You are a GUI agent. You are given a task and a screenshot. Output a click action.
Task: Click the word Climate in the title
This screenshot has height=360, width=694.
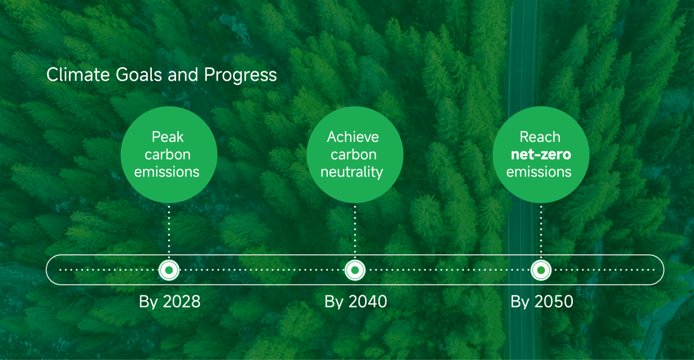click(78, 75)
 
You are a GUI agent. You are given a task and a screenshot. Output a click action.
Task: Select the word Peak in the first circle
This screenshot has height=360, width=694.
click(168, 137)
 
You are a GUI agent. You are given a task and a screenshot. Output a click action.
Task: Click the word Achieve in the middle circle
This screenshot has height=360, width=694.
click(353, 137)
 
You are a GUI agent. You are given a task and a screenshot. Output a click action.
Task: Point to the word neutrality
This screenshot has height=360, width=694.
click(351, 172)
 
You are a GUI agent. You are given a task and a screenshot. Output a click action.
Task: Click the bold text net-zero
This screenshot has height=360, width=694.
click(541, 155)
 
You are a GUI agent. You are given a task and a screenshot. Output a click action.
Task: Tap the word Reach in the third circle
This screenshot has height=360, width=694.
click(540, 137)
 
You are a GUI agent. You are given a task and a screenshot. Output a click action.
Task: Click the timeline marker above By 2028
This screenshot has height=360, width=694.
click(169, 270)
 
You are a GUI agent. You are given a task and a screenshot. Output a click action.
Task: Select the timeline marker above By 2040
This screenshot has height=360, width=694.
click(355, 270)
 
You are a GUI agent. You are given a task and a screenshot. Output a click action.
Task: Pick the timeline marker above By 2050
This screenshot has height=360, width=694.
click(541, 270)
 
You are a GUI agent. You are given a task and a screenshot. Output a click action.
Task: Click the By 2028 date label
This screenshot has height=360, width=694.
click(169, 302)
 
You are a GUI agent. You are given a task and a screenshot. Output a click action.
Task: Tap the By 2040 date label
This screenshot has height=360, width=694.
click(356, 302)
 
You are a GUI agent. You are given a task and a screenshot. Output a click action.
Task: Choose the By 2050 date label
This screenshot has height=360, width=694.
click(542, 302)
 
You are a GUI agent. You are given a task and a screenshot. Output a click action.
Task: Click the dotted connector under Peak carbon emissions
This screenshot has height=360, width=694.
click(169, 231)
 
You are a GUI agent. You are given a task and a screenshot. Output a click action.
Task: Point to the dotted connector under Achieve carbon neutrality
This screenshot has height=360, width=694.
click(355, 231)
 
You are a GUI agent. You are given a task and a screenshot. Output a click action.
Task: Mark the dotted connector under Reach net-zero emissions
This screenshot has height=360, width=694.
click(541, 231)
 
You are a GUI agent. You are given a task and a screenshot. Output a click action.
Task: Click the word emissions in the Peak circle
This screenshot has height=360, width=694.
click(167, 172)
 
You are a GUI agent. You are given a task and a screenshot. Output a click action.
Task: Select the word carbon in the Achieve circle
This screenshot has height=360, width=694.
click(354, 155)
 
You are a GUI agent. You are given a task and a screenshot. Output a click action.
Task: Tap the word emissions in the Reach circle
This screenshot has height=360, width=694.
click(539, 172)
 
